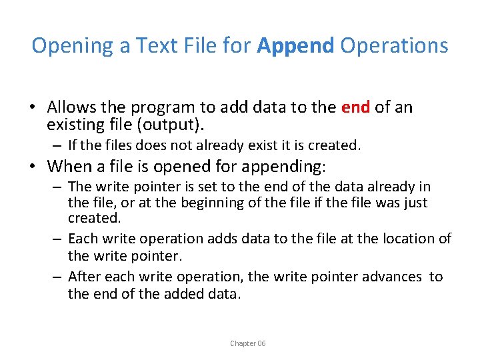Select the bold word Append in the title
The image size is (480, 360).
pos(295,45)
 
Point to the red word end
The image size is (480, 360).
pos(355,107)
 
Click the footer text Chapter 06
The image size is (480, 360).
pos(248,343)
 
